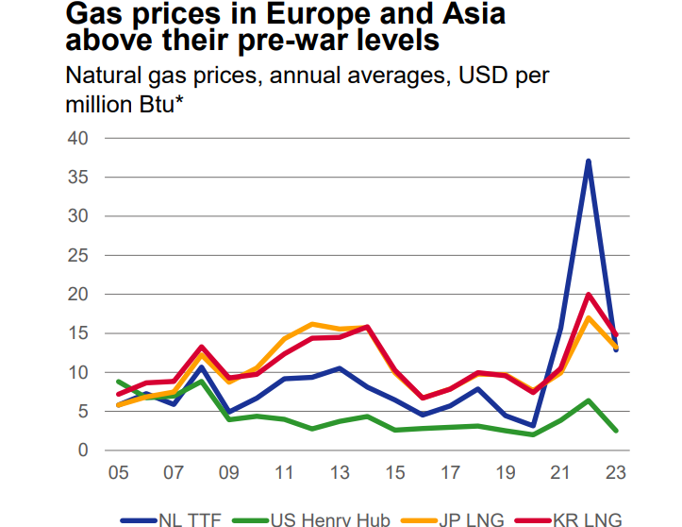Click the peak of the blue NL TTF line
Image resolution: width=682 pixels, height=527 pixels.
[x=588, y=161]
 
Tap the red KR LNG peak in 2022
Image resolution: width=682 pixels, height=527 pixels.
[x=588, y=295]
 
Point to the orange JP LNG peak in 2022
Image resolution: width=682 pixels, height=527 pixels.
[x=588, y=317]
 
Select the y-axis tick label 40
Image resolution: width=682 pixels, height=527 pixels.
[x=76, y=138]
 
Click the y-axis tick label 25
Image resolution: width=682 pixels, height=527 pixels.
[x=76, y=255]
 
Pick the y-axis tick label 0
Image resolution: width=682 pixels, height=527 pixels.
[x=81, y=450]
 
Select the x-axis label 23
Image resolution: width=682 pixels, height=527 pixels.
[x=616, y=471]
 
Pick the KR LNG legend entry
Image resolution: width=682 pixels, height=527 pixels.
[x=585, y=518]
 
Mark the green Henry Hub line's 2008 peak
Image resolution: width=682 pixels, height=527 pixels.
[x=201, y=381]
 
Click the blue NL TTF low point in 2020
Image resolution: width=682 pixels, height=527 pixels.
[x=533, y=426]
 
